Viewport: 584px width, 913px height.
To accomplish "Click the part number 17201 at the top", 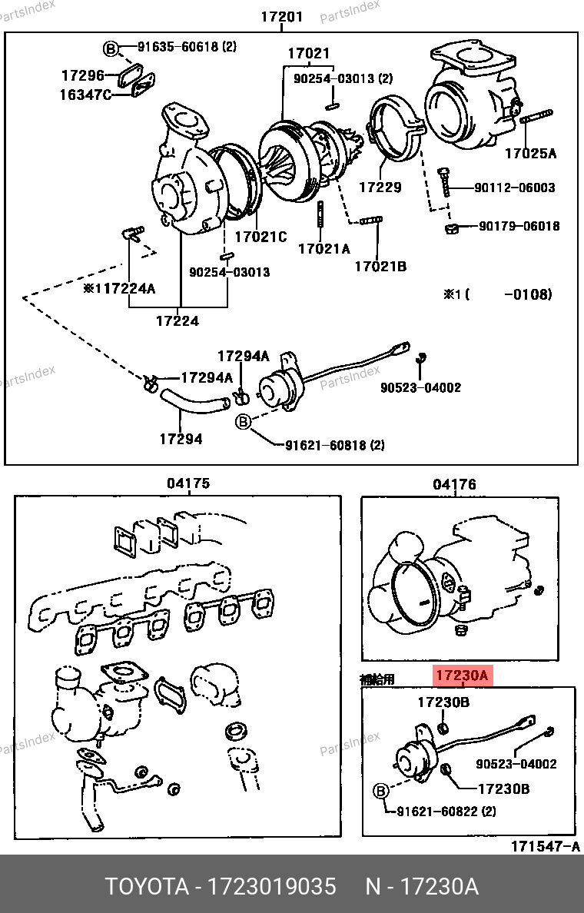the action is [x=282, y=16].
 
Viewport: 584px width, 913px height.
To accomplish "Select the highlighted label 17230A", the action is [x=462, y=676].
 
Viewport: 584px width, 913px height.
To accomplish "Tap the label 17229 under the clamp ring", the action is [x=380, y=187].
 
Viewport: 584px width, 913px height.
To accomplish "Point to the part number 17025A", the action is [x=530, y=153].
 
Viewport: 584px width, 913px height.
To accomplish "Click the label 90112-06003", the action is [x=515, y=188].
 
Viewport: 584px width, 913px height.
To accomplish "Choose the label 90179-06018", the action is [x=519, y=226].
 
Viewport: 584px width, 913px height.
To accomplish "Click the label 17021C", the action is [x=260, y=237].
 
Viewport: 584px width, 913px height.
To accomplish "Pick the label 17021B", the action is [x=381, y=266].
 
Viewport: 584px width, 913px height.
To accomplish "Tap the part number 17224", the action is [x=178, y=320].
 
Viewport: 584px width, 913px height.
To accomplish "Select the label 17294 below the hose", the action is [x=181, y=439].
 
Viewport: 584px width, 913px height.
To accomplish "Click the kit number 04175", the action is [x=188, y=483].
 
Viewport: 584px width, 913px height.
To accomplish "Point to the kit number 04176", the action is [x=454, y=484].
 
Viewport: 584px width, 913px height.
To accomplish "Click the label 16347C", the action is [x=85, y=95].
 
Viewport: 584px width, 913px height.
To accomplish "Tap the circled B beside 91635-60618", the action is [x=111, y=49].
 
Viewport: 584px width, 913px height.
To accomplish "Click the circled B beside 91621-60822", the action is [x=380, y=791].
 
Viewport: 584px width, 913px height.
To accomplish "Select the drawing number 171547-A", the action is [x=546, y=846].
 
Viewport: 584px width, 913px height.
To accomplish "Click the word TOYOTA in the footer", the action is [x=147, y=887].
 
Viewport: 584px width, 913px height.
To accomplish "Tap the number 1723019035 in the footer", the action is [x=272, y=887].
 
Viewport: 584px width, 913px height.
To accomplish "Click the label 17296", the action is [x=83, y=75].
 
